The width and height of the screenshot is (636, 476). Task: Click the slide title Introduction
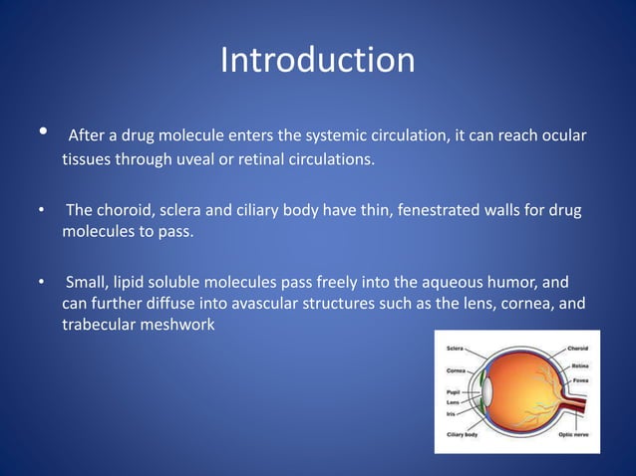(317, 60)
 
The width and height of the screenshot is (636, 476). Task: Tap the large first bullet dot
(43, 133)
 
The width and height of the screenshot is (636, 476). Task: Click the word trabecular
(101, 326)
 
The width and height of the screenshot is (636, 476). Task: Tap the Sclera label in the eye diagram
(456, 350)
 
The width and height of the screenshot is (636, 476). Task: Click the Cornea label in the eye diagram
(457, 370)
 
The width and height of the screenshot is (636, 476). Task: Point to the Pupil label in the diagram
(454, 391)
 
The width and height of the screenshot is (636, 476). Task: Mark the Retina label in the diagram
(579, 366)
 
